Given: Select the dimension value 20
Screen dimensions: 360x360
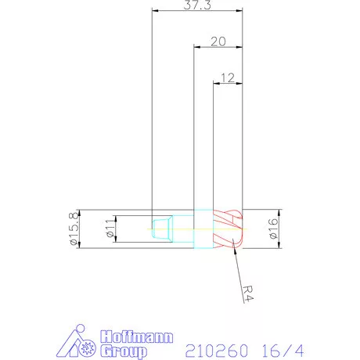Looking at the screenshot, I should (219, 41).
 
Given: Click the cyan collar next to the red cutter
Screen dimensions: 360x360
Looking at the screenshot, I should (202, 229).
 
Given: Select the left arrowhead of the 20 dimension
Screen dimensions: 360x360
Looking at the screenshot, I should (196, 47).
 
